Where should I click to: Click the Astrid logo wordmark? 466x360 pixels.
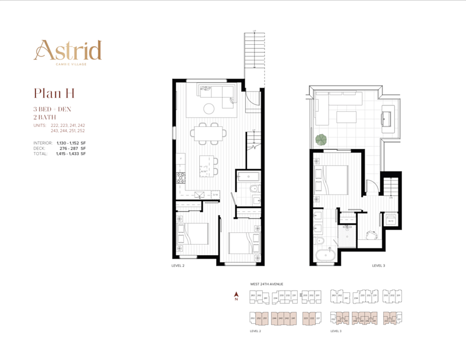pos(68,51)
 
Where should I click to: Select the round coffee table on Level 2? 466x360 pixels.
pos(209,108)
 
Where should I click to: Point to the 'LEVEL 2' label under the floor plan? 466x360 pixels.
pos(177,265)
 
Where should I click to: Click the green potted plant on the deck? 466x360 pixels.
pos(320,140)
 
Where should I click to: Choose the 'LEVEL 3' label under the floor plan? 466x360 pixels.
pos(379,265)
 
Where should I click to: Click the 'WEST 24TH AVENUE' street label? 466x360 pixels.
pos(266,284)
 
